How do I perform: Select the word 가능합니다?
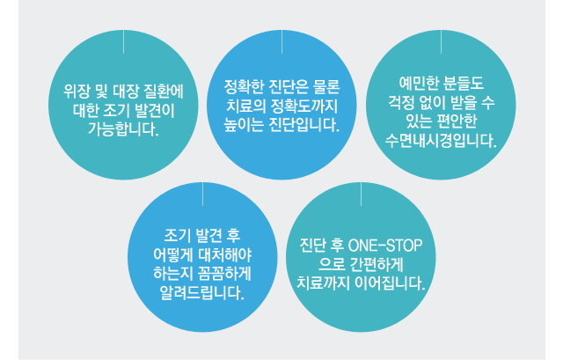123,129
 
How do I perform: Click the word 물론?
326,87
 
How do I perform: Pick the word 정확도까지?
304,106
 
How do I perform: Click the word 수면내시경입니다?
441,141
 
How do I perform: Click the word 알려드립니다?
202,293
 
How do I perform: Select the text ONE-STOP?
385,246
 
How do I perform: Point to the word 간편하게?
377,264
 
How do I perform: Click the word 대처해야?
225,254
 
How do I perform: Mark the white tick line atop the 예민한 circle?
441,41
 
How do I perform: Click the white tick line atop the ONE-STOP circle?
361,194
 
